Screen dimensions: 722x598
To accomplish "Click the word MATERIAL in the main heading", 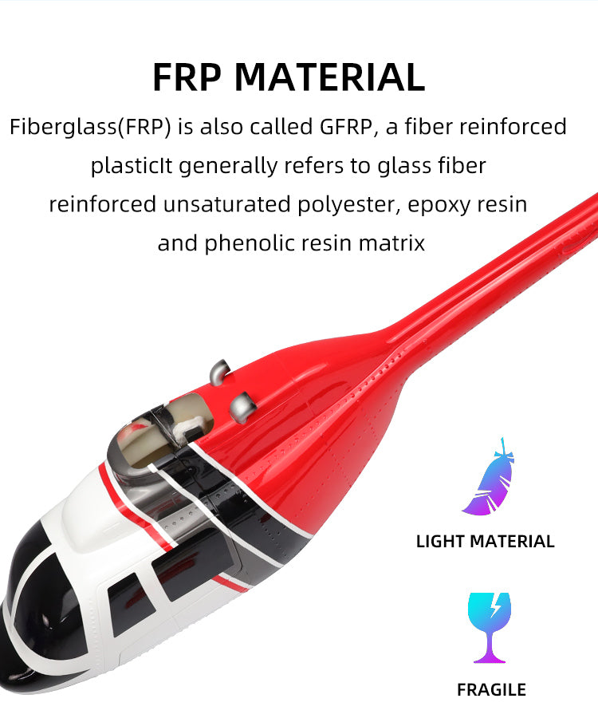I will [x=330, y=77].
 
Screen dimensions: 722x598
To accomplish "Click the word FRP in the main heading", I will [x=188, y=77].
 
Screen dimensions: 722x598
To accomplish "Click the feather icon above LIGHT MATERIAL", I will [x=488, y=478].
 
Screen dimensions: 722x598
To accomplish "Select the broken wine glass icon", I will [x=490, y=627].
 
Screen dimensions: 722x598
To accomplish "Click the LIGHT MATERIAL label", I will [x=485, y=542].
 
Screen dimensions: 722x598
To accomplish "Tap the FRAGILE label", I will [x=491, y=690].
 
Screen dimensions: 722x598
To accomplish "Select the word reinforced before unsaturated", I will [x=102, y=205].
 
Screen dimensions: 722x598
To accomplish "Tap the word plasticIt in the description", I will [x=132, y=166].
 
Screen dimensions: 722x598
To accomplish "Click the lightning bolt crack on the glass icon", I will [x=494, y=608].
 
